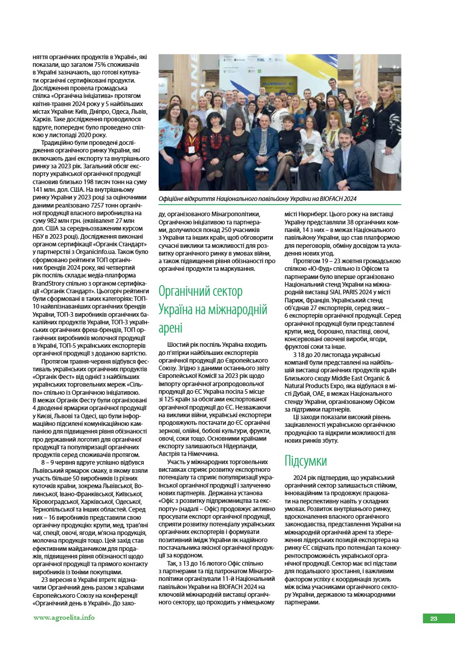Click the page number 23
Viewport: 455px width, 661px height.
pos(434,619)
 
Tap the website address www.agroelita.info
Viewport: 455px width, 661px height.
pos(64,617)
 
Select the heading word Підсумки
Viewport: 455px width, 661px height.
pos(306,461)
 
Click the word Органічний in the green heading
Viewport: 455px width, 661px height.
pos(186,291)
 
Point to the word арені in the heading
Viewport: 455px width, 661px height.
pos(170,327)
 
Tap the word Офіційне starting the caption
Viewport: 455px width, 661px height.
pos(172,198)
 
